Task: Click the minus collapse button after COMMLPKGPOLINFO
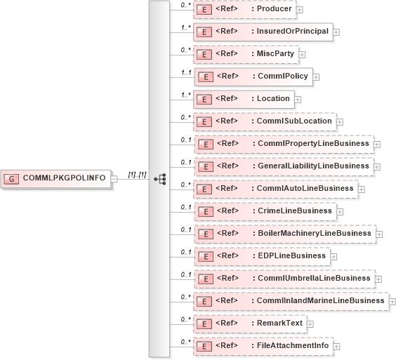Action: click(114, 178)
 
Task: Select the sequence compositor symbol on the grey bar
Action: click(159, 178)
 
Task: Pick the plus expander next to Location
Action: click(298, 99)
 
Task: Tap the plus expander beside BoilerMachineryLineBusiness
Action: click(379, 234)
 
